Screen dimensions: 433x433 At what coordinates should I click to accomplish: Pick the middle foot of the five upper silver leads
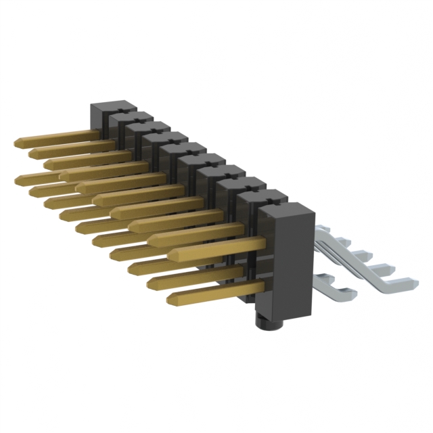pos(366,254)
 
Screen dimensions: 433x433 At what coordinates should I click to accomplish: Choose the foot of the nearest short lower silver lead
pos(344,292)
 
